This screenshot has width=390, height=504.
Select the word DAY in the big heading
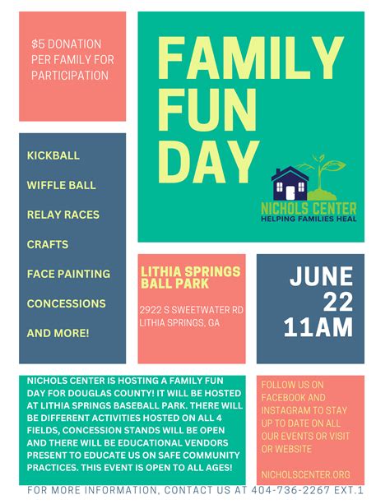click(x=206, y=161)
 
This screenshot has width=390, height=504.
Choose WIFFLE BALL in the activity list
click(x=63, y=185)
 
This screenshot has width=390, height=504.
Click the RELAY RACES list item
click(x=63, y=215)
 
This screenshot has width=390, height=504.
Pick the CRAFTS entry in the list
click(x=48, y=244)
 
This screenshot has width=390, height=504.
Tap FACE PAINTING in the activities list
click(x=68, y=274)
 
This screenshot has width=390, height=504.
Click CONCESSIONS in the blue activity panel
click(x=66, y=303)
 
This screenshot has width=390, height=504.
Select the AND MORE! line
click(x=58, y=333)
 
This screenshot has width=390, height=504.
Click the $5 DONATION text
click(x=66, y=43)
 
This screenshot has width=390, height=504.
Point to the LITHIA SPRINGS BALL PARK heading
click(x=191, y=277)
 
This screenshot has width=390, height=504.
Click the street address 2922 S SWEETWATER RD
click(x=191, y=310)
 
